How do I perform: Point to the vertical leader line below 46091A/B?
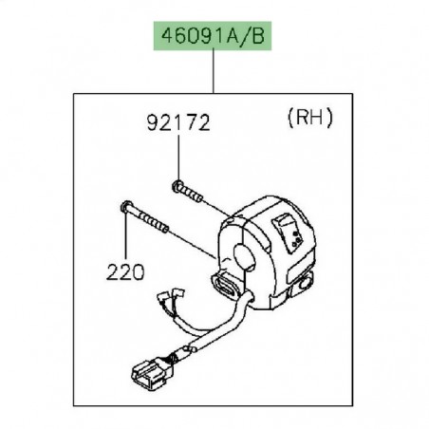point(214,77)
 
